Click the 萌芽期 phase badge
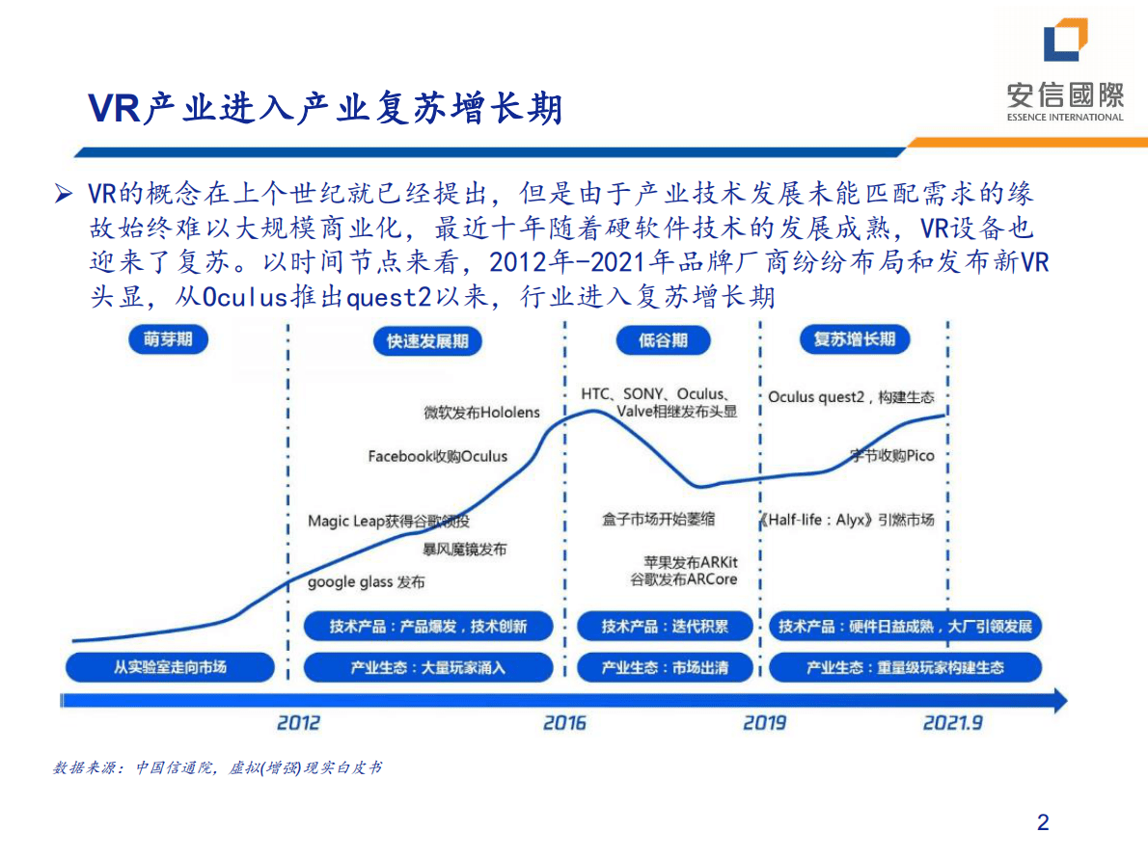click(168, 340)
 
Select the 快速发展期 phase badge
click(426, 341)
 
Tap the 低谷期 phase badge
click(663, 340)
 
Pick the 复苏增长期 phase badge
click(855, 339)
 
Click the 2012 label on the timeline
click(298, 722)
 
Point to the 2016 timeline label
click(564, 722)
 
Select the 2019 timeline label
click(764, 722)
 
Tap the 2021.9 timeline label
click(953, 722)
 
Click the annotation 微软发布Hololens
click(482, 413)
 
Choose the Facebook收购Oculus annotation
click(437, 456)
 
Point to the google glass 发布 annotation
click(366, 582)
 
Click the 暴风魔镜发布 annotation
click(464, 550)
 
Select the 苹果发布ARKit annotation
click(691, 561)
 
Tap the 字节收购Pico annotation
click(892, 455)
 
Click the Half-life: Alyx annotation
click(848, 520)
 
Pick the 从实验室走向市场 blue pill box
click(170, 666)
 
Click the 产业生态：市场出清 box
click(665, 667)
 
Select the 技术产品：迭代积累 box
click(665, 627)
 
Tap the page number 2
click(1043, 822)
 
